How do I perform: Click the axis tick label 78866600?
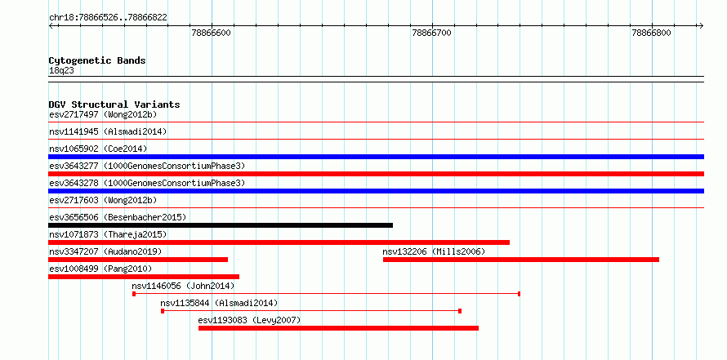point(211,33)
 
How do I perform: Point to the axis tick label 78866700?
point(431,33)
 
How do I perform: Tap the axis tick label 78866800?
point(651,33)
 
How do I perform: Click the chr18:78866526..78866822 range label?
point(108,18)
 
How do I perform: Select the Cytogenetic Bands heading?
point(97,60)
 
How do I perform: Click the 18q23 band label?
point(61,71)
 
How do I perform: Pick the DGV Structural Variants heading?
point(114,104)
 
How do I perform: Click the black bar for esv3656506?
point(221,225)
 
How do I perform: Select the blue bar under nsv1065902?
point(376,157)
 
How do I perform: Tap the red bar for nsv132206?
point(521,260)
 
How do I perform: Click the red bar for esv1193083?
point(338,328)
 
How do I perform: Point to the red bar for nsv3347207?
point(138,260)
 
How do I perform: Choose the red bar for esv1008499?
point(144,277)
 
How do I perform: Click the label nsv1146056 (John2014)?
point(183,286)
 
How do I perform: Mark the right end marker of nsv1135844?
point(460,311)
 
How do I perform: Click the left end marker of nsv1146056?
point(134,294)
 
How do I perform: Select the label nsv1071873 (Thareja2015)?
point(108,234)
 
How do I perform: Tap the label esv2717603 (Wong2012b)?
point(103,200)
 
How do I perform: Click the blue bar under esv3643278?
point(376,191)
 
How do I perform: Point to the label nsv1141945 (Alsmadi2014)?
point(108,131)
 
